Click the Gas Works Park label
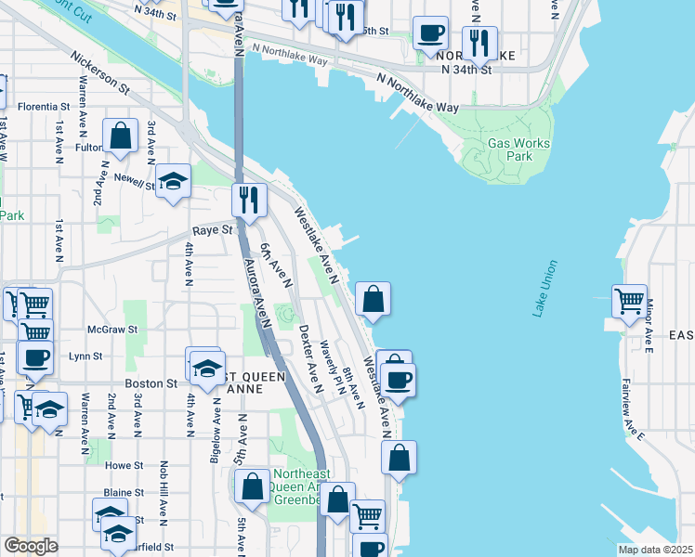point(518,150)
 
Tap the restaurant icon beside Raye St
point(249,200)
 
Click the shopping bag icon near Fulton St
point(121,136)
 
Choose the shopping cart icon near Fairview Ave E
point(630,301)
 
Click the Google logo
point(31,546)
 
